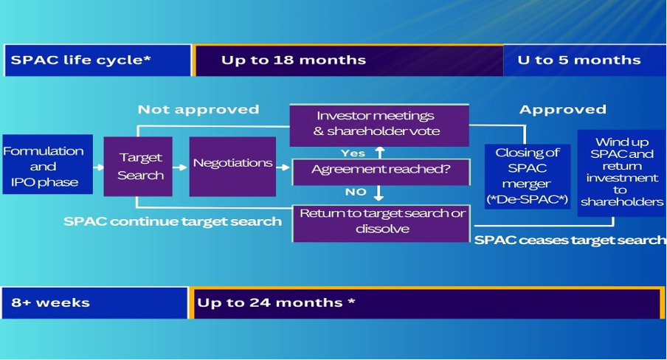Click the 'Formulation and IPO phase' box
[x=48, y=165]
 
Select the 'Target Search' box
[x=138, y=167]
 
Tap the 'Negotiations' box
[x=232, y=167]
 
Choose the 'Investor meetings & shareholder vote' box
[x=379, y=125]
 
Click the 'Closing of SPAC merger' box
[x=528, y=176]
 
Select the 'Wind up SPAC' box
[x=621, y=173]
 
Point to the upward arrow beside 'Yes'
[x=380, y=153]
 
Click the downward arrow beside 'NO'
[x=379, y=193]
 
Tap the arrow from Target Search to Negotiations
[x=180, y=167]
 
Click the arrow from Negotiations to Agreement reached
[x=283, y=167]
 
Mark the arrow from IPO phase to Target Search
[x=98, y=167]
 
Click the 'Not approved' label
[x=198, y=110]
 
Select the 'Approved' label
[x=563, y=110]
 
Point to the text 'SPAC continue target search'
[x=173, y=221]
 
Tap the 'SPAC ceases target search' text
[x=570, y=240]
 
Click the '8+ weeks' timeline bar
[x=94, y=302]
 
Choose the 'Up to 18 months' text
[x=294, y=60]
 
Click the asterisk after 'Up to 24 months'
[x=351, y=301]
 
